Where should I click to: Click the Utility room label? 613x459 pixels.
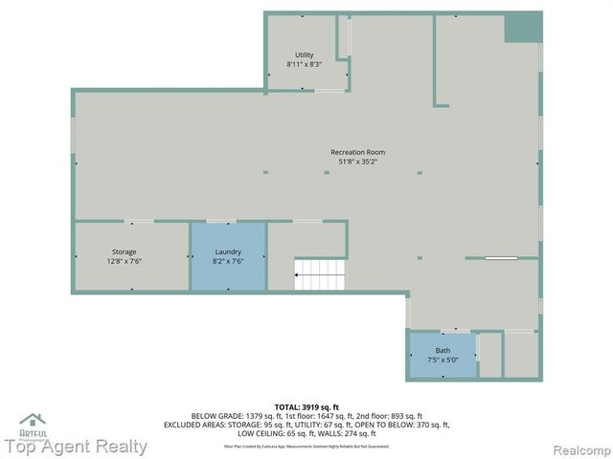pyautogui.click(x=305, y=55)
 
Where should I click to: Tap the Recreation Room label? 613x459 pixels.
pyautogui.click(x=357, y=152)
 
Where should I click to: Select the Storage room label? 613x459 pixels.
pyautogui.click(x=125, y=251)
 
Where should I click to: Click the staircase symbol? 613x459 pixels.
pyautogui.click(x=321, y=274)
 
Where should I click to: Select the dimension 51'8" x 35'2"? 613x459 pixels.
pyautogui.click(x=357, y=162)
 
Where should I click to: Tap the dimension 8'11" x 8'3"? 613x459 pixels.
pyautogui.click(x=305, y=64)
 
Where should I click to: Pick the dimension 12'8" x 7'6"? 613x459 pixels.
pyautogui.click(x=125, y=261)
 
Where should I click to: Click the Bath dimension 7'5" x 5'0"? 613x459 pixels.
pyautogui.click(x=442, y=360)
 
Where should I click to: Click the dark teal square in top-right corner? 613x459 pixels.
pyautogui.click(x=523, y=27)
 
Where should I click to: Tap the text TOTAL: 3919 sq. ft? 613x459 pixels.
pyautogui.click(x=306, y=407)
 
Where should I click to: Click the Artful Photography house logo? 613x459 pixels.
pyautogui.click(x=33, y=422)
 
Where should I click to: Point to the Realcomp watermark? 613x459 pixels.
pyautogui.click(x=579, y=448)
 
